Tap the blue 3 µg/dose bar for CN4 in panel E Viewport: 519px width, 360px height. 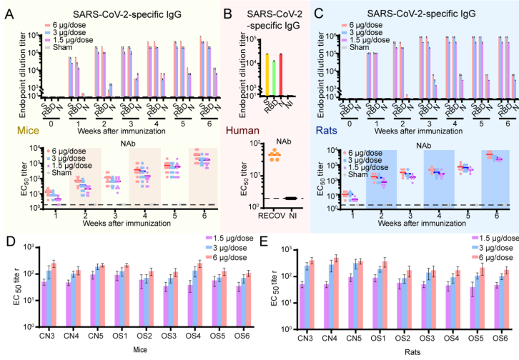pyautogui.click(x=312, y=296)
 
